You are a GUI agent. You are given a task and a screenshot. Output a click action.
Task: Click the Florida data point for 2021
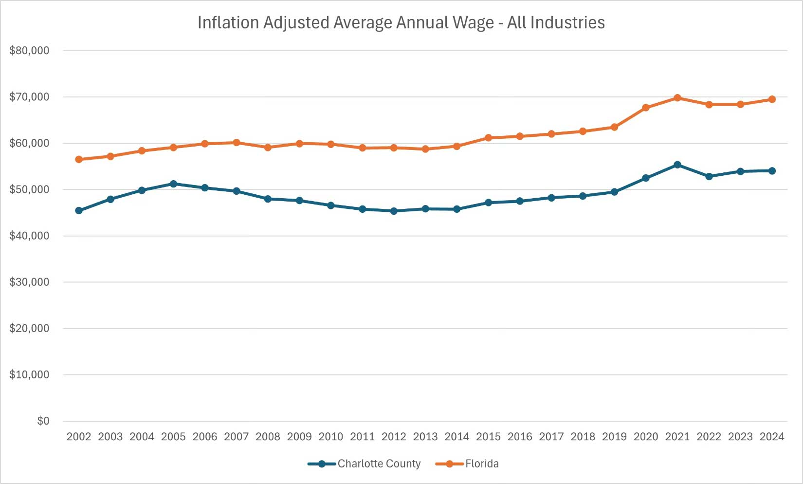click(x=677, y=98)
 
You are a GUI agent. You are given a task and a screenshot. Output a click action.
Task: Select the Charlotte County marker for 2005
click(x=173, y=184)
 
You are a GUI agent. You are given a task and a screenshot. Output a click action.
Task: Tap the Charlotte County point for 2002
click(x=79, y=211)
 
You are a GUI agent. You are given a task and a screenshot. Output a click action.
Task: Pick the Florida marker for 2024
click(x=772, y=99)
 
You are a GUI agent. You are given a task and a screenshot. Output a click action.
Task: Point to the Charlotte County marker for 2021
click(x=677, y=165)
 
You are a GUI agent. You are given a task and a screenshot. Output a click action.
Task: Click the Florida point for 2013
click(x=425, y=149)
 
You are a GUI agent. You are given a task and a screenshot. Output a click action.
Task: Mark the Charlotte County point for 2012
click(x=394, y=211)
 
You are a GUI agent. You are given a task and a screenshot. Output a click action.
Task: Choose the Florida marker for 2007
click(x=237, y=143)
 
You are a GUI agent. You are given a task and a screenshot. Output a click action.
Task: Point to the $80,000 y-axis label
click(x=29, y=51)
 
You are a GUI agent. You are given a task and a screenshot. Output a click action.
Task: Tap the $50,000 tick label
click(x=29, y=189)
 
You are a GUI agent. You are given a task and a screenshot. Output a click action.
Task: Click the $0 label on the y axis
click(x=43, y=421)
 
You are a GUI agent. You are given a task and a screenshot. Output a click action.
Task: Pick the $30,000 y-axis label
click(x=29, y=282)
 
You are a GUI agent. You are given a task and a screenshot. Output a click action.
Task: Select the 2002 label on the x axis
click(x=79, y=437)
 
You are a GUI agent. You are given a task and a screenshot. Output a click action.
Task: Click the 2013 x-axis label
click(x=425, y=437)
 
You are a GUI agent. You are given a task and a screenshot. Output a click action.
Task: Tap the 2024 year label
click(x=772, y=437)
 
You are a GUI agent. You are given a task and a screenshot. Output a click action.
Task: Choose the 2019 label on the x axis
click(x=614, y=437)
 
